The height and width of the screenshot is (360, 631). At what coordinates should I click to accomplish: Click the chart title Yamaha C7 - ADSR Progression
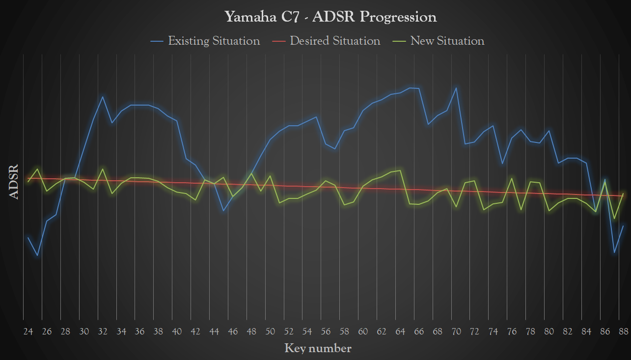pos(330,17)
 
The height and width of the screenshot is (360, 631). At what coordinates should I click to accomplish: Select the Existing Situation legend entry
pos(214,41)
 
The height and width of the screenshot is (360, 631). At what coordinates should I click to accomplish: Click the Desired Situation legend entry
pos(335,41)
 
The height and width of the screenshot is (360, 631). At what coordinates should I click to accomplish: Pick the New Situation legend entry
pos(447,41)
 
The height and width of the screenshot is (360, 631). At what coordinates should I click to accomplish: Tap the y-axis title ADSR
pos(14,182)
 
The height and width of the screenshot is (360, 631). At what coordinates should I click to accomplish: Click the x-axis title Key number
pos(318,349)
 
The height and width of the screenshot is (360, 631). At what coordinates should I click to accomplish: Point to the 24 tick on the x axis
pos(28,332)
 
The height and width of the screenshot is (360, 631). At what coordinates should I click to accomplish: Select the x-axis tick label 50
pos(270,332)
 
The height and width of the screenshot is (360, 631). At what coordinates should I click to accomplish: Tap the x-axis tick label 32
pos(103,332)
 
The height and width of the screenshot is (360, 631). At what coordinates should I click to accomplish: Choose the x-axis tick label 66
pos(419,332)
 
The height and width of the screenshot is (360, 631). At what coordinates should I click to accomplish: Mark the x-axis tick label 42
pos(195,332)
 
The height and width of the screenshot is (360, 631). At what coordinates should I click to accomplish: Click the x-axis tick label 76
pos(512,332)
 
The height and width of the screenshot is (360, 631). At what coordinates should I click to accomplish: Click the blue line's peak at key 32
pos(103,97)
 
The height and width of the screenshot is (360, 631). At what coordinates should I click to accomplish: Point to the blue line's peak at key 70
pos(456,88)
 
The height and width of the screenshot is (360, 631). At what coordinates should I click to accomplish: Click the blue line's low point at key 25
pos(37,255)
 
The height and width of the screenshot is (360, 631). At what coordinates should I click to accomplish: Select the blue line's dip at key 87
pos(614,253)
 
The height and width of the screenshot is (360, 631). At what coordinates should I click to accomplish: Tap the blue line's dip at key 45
pos(223,211)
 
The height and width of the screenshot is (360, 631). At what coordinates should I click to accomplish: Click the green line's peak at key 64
pos(401,170)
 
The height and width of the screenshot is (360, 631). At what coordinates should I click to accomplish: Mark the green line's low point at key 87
pos(614,219)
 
